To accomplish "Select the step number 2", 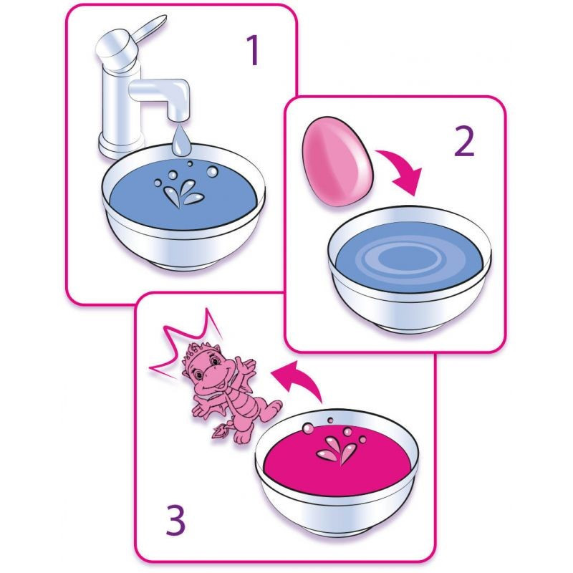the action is [x=464, y=142].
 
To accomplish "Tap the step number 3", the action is [x=175, y=519].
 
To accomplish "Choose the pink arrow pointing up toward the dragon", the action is [x=298, y=380].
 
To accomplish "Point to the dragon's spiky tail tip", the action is [x=221, y=430].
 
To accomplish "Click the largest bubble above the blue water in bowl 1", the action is [x=212, y=171].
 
